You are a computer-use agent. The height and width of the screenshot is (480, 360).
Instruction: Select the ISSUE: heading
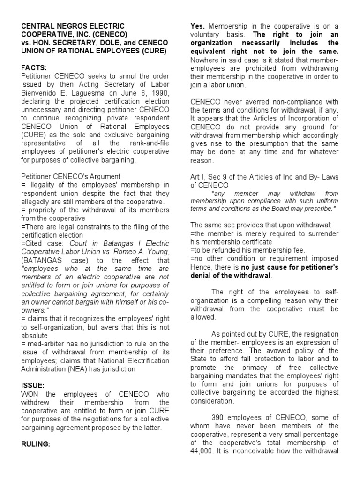(32, 385)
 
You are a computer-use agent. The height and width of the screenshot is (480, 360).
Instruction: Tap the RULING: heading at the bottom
(36, 443)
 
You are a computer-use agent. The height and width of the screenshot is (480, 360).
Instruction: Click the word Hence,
(201, 266)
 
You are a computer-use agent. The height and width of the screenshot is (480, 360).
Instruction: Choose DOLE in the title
(108, 43)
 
